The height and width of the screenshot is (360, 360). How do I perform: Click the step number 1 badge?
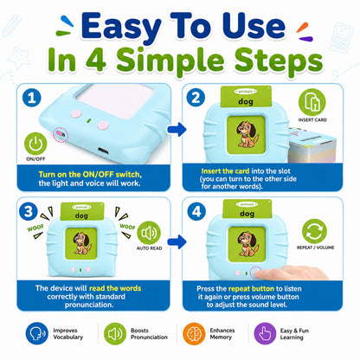tap(32, 98)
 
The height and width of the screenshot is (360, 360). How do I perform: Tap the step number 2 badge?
tap(196, 98)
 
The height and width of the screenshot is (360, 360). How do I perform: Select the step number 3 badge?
tap(29, 211)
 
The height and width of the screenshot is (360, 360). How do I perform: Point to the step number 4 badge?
tap(196, 211)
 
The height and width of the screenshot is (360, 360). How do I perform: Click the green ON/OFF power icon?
tap(35, 144)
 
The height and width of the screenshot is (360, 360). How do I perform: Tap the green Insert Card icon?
tap(312, 102)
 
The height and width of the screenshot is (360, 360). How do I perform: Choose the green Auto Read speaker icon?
tap(149, 233)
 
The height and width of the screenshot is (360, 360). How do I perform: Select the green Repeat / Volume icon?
tap(314, 231)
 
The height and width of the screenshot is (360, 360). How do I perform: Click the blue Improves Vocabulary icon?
tap(37, 333)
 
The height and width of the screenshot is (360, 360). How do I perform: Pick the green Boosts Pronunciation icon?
tap(115, 334)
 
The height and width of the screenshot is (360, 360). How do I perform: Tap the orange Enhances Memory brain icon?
tap(194, 334)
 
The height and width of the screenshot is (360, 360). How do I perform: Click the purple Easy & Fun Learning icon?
tap(265, 333)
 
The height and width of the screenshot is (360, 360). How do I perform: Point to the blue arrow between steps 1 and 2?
tap(177, 129)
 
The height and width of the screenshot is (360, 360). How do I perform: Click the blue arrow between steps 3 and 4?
tap(177, 241)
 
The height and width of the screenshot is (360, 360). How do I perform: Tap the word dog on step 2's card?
tap(246, 101)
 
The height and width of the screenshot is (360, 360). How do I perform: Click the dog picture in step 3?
tap(82, 243)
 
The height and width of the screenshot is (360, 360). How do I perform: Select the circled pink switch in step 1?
tap(61, 134)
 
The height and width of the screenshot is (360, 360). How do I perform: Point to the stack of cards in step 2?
tap(314, 145)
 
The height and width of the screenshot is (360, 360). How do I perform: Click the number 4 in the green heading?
tap(96, 60)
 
